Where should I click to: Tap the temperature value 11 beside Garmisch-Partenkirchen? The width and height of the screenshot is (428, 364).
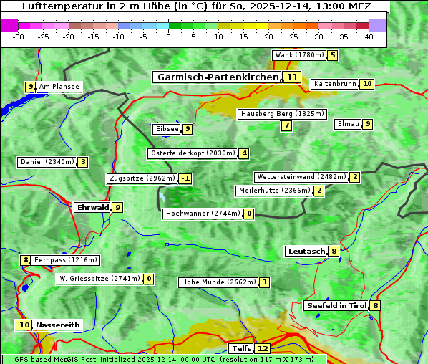coord(291,77)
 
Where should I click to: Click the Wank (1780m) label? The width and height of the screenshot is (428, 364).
coord(298,55)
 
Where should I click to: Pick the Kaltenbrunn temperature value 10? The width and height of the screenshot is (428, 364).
coord(366,84)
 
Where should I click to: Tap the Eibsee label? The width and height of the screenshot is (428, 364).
coord(167,129)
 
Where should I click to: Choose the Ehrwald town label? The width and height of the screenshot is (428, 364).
coord(92,208)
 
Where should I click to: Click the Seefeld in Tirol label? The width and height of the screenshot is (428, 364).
coord(336,306)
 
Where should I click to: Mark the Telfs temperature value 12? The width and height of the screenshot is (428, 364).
coord(263,349)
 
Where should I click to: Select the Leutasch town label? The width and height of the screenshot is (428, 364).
coord(306,251)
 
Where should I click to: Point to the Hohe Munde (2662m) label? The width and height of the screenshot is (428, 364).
coord(218,282)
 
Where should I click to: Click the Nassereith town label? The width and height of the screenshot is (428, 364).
coord(57,325)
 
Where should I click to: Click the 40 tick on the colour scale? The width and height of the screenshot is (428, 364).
coord(369,37)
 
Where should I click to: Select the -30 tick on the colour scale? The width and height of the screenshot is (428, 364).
coord(19,37)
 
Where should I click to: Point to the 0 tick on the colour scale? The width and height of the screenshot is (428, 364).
coord(169,37)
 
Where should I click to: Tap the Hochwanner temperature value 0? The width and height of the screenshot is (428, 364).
coord(249,214)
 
